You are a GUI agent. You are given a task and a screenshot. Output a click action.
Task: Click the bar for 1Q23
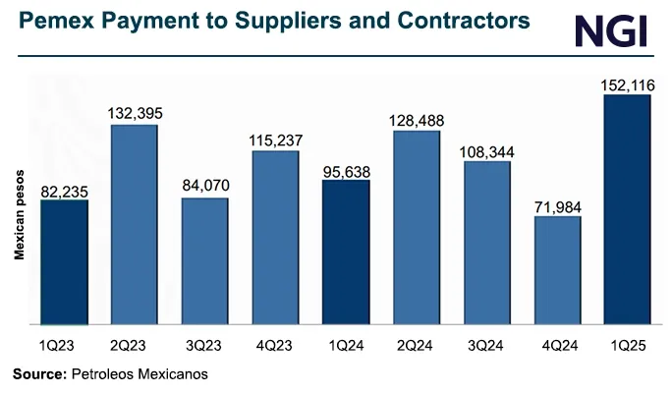[x=64, y=261]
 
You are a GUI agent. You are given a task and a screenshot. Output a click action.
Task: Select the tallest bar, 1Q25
[x=628, y=209]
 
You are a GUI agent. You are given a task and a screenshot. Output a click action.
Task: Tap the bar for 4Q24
[x=557, y=270]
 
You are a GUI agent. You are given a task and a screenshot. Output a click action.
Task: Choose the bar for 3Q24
[x=487, y=243]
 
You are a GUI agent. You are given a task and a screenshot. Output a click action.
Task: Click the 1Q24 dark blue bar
[x=346, y=252]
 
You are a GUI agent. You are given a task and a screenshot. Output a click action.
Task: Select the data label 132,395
[x=135, y=113]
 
